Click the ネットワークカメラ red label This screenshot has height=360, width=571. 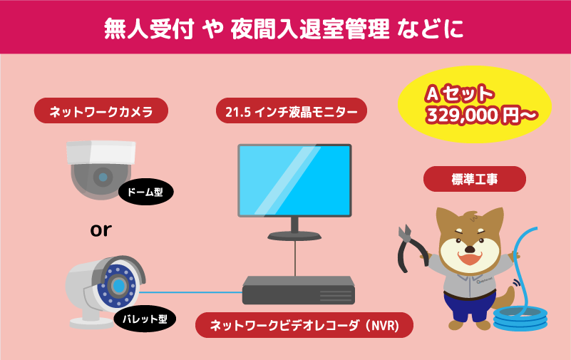tap(101, 110)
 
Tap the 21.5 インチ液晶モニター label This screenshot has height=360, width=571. tap(292, 110)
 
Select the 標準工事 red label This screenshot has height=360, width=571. tap(475, 179)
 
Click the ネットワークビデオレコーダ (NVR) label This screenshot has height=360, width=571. tap(304, 325)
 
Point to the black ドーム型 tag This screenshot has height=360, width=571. tap(145, 192)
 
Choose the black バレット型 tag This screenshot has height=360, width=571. tap(145, 319)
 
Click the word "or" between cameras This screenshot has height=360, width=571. tap(101, 230)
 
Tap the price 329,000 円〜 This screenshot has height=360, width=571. tap(482, 115)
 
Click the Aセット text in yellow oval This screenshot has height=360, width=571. tap(460, 93)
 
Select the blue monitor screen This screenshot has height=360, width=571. tap(294, 180)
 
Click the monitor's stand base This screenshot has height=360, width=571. tap(294, 236)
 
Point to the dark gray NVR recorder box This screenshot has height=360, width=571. tap(299, 290)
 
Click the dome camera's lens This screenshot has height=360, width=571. tap(103, 178)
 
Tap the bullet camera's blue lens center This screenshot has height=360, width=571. tap(119, 285)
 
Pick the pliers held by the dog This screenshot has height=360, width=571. tap(411, 248)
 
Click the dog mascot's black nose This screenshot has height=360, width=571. tap(470, 250)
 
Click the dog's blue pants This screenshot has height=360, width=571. tap(469, 306)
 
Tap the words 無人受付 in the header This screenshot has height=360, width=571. tap(149, 29)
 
